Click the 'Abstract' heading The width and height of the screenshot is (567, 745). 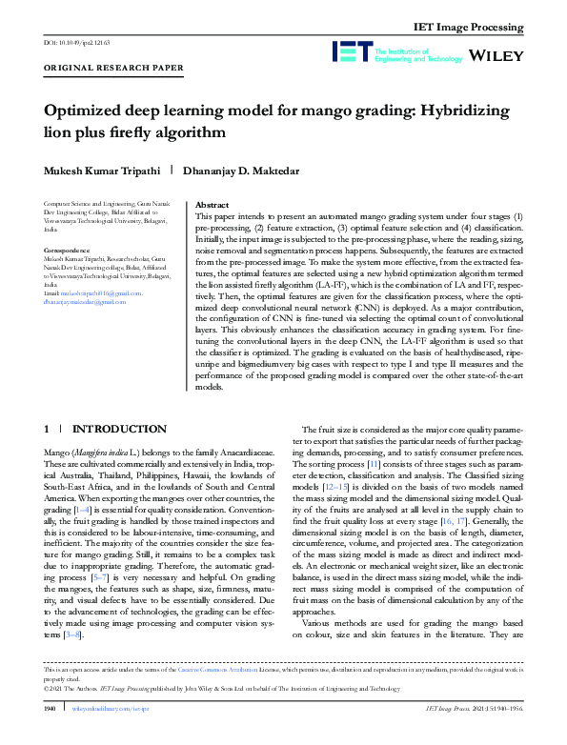(211, 205)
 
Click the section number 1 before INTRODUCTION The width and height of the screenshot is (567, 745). (47, 430)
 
